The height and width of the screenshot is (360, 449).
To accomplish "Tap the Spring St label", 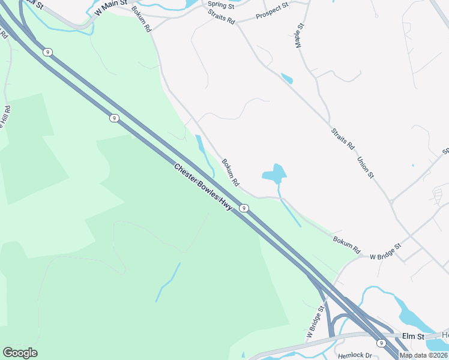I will click(220, 5).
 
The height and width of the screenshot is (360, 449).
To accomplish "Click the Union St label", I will click(366, 167).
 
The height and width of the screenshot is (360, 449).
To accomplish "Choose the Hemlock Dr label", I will click(356, 355).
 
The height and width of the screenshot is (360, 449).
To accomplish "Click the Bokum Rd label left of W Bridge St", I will click(347, 244).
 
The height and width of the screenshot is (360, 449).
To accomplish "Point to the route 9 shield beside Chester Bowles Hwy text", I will click(244, 208).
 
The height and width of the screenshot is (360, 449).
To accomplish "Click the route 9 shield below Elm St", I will click(381, 343).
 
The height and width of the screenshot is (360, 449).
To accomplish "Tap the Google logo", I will click(20, 353).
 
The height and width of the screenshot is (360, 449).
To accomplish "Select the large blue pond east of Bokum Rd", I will click(274, 174).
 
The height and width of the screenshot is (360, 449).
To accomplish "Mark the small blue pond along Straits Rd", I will click(287, 79).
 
